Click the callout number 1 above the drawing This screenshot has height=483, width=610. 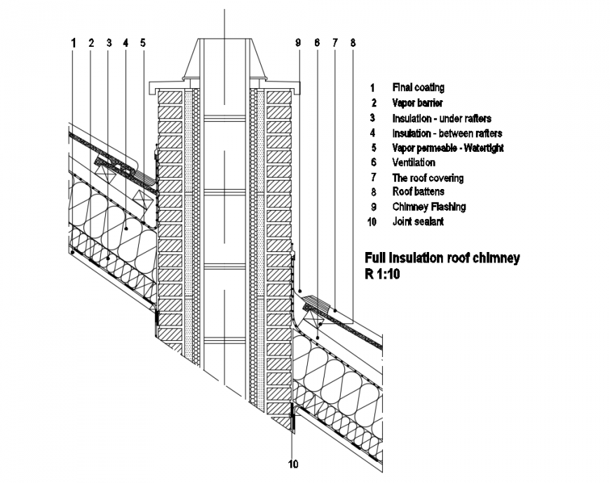pos(73,43)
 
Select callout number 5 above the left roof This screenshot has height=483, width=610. pos(142,43)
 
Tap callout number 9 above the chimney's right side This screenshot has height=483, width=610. pos(298,43)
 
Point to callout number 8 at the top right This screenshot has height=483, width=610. pos(353,43)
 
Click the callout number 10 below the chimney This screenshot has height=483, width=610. pos(292,463)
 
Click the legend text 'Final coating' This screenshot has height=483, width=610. pos(418,87)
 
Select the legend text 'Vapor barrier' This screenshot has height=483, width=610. pos(417,103)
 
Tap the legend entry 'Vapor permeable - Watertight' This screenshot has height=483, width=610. pos(447,148)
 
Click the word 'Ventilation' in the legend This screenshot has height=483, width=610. pos(413,162)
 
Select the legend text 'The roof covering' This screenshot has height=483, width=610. pos(428,178)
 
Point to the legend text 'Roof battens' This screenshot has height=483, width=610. pos(418,191)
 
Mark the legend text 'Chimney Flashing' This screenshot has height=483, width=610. pos(428,206)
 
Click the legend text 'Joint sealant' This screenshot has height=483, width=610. pos(417,221)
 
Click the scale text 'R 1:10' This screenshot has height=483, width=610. pos(381,274)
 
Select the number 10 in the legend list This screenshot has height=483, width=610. pos(372,222)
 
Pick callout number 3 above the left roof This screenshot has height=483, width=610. pos(109,43)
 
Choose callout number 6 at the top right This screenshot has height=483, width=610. pos(317,43)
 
